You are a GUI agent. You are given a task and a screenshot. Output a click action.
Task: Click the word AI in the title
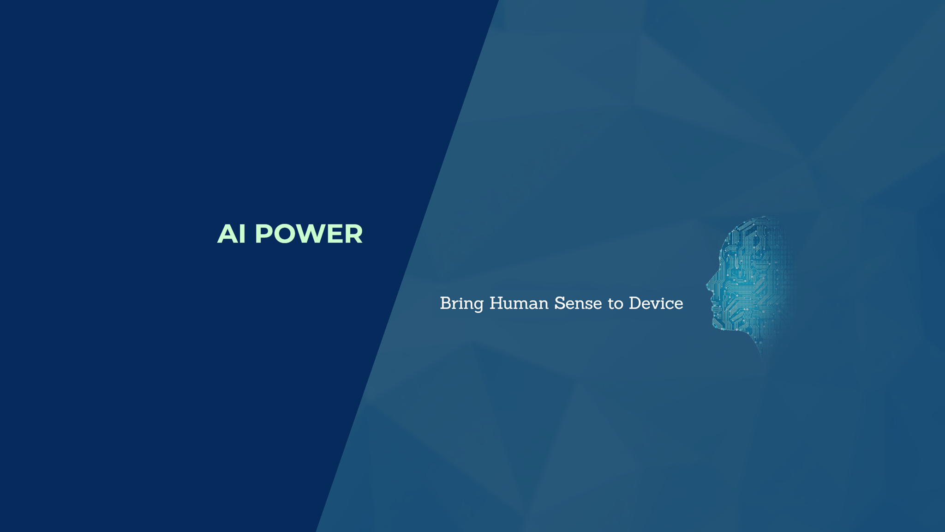[231, 234]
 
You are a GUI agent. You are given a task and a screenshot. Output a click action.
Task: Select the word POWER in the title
[309, 234]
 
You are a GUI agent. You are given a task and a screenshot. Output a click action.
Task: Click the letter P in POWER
[263, 234]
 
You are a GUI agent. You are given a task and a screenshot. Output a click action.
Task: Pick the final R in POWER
[353, 234]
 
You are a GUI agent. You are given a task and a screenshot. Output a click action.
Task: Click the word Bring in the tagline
[461, 304]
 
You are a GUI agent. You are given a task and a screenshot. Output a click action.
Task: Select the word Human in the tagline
[519, 303]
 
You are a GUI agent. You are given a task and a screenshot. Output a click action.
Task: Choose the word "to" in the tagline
[615, 304]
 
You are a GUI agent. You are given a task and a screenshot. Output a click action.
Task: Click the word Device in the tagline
[656, 303]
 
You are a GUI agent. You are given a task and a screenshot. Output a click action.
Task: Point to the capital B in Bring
[445, 303]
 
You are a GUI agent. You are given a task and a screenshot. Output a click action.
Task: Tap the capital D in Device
[635, 303]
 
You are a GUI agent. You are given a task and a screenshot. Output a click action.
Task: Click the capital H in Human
[496, 303]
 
